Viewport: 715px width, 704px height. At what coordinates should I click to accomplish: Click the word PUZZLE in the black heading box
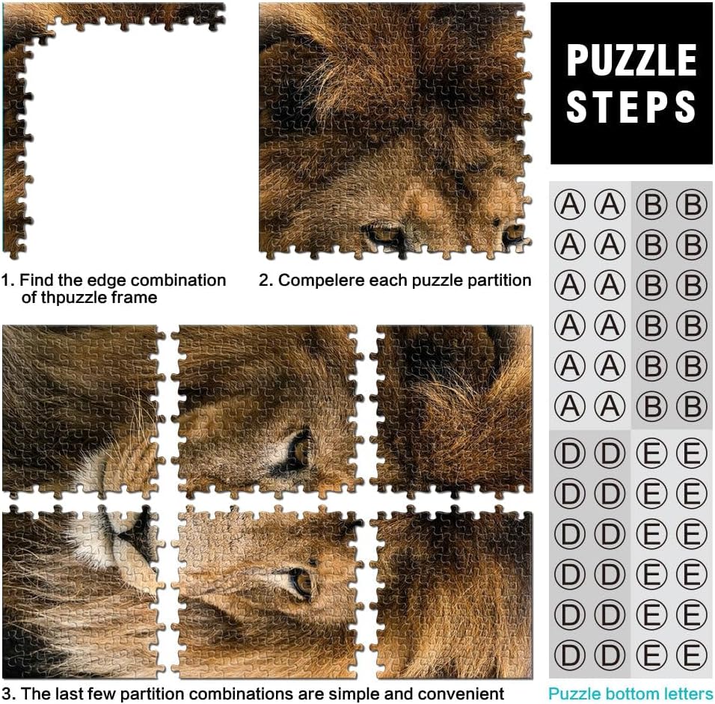(631, 60)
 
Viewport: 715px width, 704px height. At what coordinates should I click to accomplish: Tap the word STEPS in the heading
(631, 106)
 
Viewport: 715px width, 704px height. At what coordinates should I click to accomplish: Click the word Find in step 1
(34, 280)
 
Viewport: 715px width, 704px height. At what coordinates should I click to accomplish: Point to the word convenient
(461, 694)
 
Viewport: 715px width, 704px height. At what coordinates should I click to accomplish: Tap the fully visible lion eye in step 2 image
(384, 233)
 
